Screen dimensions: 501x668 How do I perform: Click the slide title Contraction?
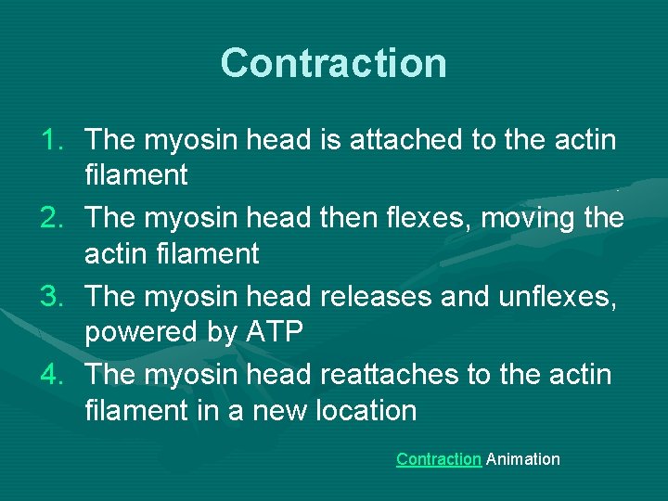(334, 63)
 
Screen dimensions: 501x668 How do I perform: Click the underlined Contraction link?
(438, 459)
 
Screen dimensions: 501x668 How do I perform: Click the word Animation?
(523, 459)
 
